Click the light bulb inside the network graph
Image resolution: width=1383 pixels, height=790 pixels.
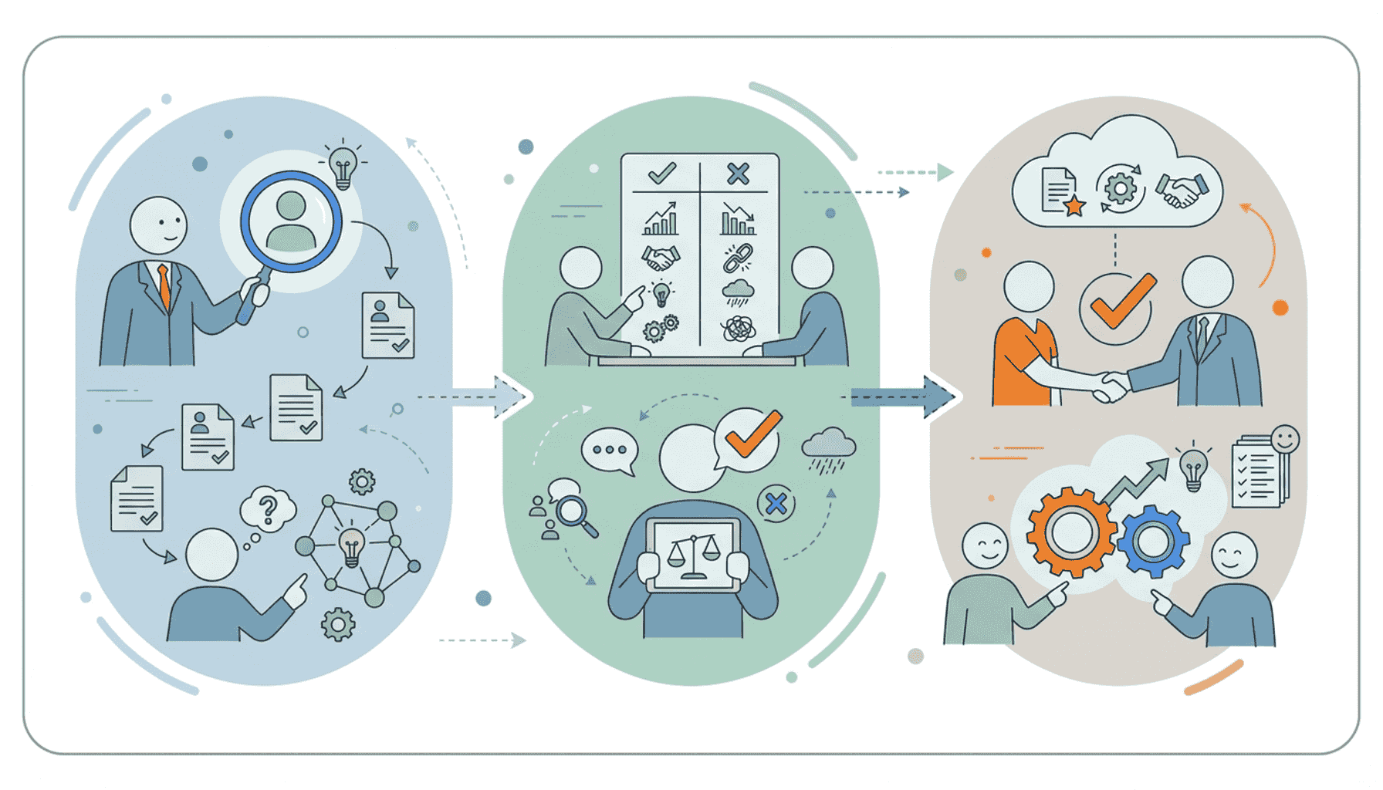coord(352,547)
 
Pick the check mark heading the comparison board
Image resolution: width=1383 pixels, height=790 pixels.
coord(661,173)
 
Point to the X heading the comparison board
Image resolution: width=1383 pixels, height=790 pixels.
coord(738,174)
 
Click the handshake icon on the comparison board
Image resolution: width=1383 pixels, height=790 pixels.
coord(661,258)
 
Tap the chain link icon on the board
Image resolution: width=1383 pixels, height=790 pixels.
coord(738,258)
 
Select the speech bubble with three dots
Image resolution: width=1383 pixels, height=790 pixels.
coord(610,451)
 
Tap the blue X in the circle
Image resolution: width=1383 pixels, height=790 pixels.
coord(776,505)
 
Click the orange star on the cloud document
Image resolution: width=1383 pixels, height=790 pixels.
coord(1074,206)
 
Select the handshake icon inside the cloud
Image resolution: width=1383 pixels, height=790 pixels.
coord(1181,190)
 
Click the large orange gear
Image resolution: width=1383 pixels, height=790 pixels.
coord(1071,532)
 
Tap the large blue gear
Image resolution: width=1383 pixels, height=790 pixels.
coord(1153,542)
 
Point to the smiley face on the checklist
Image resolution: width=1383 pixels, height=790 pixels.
coord(1284,440)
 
